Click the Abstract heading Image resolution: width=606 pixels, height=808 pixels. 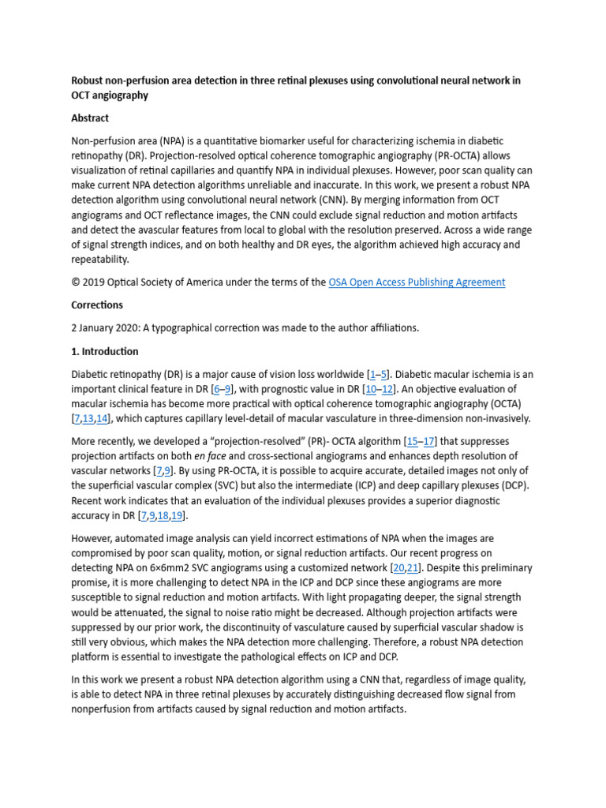[x=90, y=118]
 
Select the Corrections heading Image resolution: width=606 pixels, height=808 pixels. [x=97, y=305]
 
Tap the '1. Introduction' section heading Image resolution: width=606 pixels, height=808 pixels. [x=105, y=351]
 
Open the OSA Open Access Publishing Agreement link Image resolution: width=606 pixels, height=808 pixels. [x=417, y=282]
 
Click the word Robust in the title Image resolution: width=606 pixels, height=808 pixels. [x=89, y=80]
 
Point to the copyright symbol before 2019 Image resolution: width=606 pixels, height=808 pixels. [x=76, y=282]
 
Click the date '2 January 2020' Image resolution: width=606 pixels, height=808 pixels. [x=108, y=328]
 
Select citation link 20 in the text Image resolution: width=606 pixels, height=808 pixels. [x=399, y=567]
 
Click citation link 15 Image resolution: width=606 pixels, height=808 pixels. [x=412, y=441]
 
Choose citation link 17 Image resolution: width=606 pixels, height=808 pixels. [x=429, y=441]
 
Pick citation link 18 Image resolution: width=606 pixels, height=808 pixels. [x=163, y=515]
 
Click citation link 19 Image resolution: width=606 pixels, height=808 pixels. [x=178, y=515]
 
